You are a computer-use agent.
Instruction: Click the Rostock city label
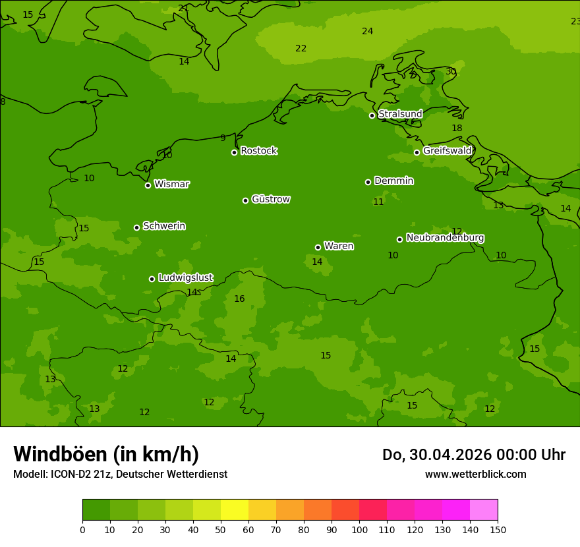click(258, 151)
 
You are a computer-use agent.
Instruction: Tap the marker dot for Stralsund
click(372, 115)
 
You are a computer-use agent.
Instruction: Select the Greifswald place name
click(447, 151)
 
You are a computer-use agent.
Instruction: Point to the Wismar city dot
click(148, 185)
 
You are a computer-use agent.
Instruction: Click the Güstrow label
click(270, 199)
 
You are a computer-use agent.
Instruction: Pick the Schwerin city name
click(163, 226)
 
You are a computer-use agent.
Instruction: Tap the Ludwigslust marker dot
click(152, 279)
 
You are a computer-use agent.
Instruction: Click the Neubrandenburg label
click(445, 237)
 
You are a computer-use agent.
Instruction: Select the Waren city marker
click(318, 247)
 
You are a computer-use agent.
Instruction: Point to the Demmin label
click(393, 181)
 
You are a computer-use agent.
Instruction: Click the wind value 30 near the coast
click(451, 71)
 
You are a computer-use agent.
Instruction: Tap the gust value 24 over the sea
click(367, 31)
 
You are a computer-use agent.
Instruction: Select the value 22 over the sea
click(301, 48)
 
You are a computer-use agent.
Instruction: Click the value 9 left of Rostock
click(223, 138)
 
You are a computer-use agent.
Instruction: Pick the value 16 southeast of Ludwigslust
click(239, 299)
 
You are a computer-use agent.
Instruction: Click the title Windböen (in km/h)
click(106, 454)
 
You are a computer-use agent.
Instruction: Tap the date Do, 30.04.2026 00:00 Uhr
click(473, 455)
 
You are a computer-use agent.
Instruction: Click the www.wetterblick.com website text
click(475, 474)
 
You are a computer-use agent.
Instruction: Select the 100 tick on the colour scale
click(359, 529)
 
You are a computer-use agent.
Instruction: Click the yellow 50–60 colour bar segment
click(235, 509)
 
